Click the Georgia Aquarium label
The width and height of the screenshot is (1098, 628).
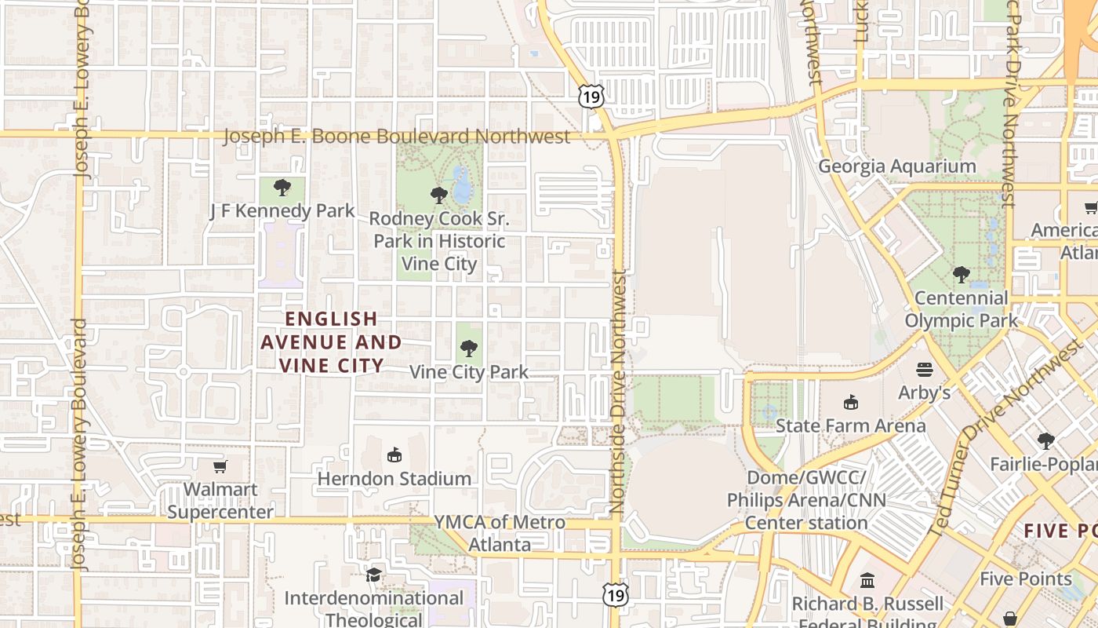coord(897,166)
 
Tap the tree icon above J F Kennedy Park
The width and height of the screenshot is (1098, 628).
coord(282,188)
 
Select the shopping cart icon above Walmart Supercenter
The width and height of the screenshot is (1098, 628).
coord(220,466)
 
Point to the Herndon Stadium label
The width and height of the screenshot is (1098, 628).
coord(394,478)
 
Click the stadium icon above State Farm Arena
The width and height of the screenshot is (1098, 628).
coord(850,403)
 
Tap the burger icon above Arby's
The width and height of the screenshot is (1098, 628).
coord(925,369)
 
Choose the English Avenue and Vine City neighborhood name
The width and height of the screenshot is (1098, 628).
coord(331,341)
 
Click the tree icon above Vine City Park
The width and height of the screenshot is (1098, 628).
coord(469,348)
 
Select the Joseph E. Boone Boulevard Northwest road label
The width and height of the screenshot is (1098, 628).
coord(397,136)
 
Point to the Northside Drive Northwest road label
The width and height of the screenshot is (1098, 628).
coord(620,392)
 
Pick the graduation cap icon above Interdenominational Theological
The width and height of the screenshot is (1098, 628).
coord(374,575)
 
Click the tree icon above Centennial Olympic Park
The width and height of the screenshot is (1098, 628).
coord(961,275)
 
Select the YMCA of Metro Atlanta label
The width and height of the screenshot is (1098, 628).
coord(500,533)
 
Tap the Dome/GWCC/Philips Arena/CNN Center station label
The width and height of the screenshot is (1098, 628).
coord(806,500)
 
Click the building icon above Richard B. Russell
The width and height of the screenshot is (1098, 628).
coord(867,581)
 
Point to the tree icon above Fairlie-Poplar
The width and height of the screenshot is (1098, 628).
coord(1045,441)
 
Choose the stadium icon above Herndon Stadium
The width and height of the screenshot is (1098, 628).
coord(394,455)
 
